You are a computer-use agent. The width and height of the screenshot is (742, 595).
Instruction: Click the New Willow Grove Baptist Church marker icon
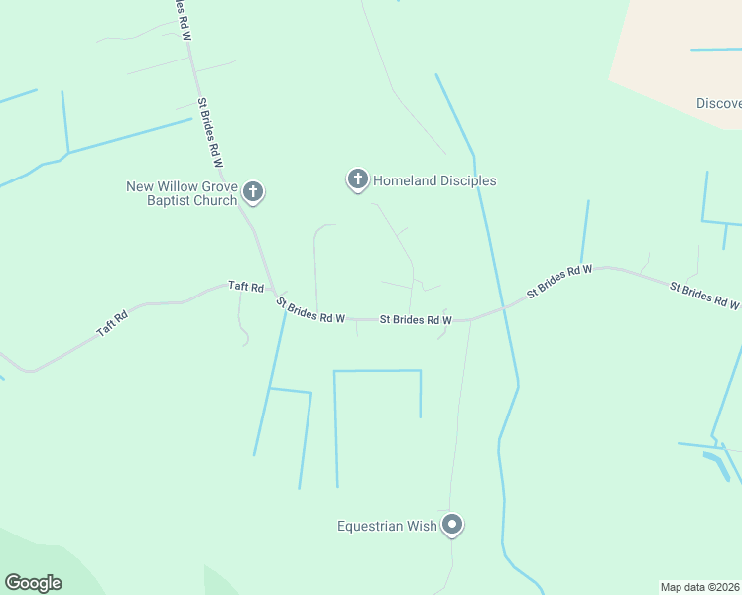253,191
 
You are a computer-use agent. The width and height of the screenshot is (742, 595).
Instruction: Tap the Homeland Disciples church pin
357,179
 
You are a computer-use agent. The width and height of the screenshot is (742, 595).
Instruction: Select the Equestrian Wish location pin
452,525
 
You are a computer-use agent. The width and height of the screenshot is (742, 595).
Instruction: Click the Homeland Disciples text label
434,180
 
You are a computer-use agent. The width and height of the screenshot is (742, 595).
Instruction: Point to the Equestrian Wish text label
387,527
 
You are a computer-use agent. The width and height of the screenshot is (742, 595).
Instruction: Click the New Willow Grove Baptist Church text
182,193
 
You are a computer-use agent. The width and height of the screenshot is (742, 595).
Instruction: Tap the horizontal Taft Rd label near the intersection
245,287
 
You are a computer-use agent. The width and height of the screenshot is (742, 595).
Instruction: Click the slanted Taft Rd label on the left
112,325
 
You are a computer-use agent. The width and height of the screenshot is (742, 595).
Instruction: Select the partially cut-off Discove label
718,103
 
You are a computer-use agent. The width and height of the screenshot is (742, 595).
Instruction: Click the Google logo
33,583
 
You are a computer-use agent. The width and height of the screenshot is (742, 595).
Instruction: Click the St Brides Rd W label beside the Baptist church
210,131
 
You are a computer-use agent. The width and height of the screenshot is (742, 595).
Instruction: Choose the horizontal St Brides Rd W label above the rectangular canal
416,320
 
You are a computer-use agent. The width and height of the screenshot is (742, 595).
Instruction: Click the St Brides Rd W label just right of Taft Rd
310,311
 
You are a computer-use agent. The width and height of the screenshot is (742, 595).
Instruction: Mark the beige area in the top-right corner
684,50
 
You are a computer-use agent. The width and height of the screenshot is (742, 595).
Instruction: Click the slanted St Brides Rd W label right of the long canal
559,281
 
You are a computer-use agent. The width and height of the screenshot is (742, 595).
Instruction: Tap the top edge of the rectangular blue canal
377,371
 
